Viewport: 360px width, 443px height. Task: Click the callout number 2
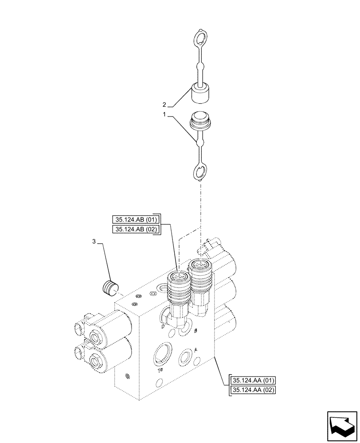[164, 105]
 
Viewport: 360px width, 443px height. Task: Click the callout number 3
[94, 241]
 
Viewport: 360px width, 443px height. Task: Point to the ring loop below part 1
[200, 172]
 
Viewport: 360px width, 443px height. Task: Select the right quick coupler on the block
[200, 281]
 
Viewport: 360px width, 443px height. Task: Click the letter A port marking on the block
[196, 349]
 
